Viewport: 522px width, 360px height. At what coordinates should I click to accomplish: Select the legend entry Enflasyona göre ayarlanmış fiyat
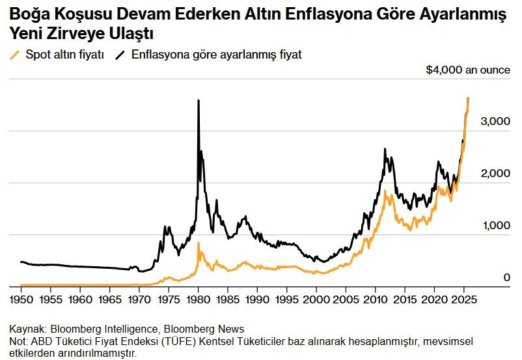click(216, 55)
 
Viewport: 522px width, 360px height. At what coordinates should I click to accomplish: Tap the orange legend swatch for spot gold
click(16, 55)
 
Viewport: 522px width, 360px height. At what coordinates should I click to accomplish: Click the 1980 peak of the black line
click(199, 100)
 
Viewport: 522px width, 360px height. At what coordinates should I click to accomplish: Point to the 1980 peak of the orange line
click(199, 243)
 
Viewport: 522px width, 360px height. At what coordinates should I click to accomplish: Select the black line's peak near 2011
click(385, 149)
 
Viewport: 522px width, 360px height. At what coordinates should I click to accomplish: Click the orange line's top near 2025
click(468, 98)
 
